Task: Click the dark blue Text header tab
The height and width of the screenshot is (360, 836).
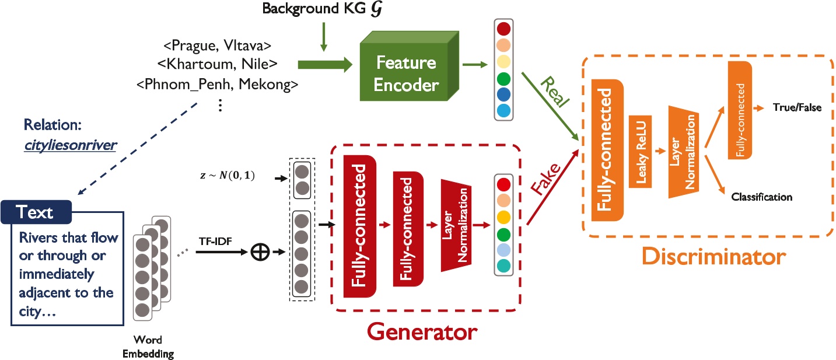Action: click(37, 212)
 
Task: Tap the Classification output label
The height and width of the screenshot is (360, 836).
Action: click(761, 197)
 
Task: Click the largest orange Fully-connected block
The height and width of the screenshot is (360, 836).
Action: click(607, 150)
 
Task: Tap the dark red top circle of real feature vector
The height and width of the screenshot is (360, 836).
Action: click(502, 29)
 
